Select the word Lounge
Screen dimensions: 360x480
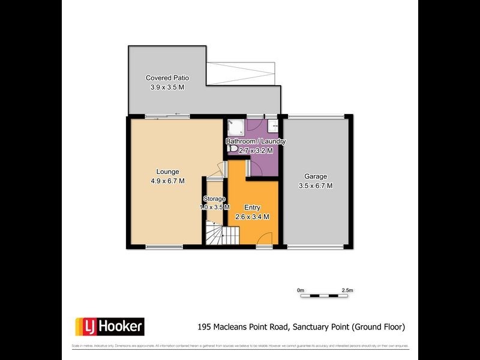tap(167, 172)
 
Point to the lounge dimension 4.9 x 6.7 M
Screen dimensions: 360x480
tap(167, 181)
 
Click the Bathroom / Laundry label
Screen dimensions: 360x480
tap(256, 142)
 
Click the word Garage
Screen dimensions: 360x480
tap(315, 176)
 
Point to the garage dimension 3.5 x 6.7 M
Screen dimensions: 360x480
tap(315, 186)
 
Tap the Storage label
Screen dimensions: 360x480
tap(214, 199)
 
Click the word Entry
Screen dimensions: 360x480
tap(252, 208)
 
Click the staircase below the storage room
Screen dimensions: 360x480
tap(214, 233)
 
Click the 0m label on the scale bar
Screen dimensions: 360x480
tap(301, 290)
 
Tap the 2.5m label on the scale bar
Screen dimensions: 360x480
tap(347, 290)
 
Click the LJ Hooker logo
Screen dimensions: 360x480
tap(109, 326)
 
